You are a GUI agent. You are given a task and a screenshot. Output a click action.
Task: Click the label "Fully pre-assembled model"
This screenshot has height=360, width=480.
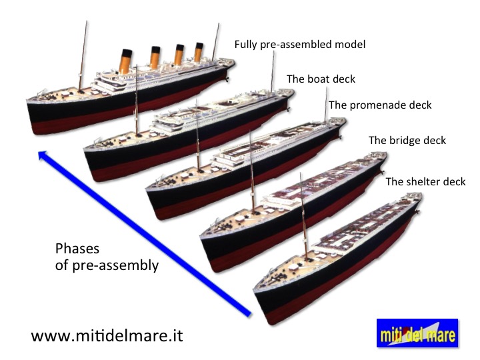pos(300,45)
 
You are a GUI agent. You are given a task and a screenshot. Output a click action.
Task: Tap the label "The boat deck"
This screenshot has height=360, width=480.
pos(321,79)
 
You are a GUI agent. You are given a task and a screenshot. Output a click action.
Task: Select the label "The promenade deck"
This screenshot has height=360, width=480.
pos(380,105)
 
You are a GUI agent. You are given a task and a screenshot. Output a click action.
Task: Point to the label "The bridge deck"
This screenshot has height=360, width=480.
pos(407,141)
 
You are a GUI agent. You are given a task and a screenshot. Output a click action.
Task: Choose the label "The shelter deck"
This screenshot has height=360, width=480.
pos(425,182)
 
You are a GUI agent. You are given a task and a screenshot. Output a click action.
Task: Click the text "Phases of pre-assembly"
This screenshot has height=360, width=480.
pos(107,257)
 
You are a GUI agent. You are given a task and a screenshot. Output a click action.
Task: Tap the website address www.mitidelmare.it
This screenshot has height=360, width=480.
pos(107,336)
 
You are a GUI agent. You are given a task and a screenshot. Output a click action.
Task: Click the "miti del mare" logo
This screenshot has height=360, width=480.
pos(417,333)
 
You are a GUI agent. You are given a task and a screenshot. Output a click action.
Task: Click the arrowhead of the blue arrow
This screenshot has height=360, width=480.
pos(43,155)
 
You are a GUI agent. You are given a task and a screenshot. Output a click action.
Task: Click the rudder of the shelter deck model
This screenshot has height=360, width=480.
pos(417,211)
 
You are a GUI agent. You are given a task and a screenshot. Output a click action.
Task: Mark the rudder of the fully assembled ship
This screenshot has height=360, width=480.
pos(227,79)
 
